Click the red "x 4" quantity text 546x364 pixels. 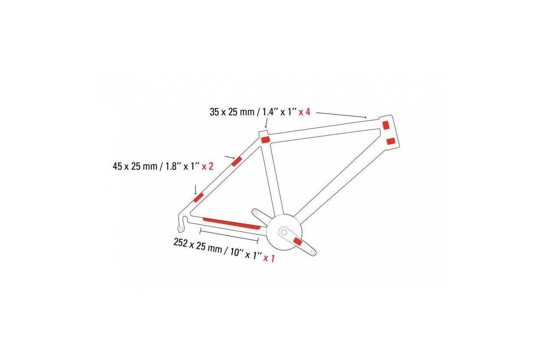pyautogui.click(x=305, y=112)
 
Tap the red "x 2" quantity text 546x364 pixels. pyautogui.click(x=208, y=166)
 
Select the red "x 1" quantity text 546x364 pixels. pyautogui.click(x=269, y=258)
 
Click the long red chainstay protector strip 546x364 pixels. pyautogui.click(x=231, y=224)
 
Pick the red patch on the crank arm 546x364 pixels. pyautogui.click(x=298, y=241)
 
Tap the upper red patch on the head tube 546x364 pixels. pyautogui.click(x=386, y=125)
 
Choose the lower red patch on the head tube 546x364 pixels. pyautogui.click(x=391, y=141)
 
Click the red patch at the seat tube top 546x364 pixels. pyautogui.click(x=266, y=140)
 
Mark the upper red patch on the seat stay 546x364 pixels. pyautogui.click(x=237, y=161)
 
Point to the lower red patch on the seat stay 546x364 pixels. pyautogui.click(x=198, y=198)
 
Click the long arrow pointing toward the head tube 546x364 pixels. pyautogui.click(x=341, y=115)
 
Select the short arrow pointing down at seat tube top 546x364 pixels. pyautogui.click(x=266, y=123)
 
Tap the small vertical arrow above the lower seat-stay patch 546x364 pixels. pyautogui.click(x=195, y=190)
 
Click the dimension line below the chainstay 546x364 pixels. pyautogui.click(x=229, y=235)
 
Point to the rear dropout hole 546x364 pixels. pyautogui.click(x=181, y=229)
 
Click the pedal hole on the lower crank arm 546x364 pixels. pyautogui.click(x=312, y=252)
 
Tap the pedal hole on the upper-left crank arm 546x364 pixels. pyautogui.click(x=256, y=212)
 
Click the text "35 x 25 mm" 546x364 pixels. pyautogui.click(x=232, y=112)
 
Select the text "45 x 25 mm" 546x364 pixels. pyautogui.click(x=135, y=166)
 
